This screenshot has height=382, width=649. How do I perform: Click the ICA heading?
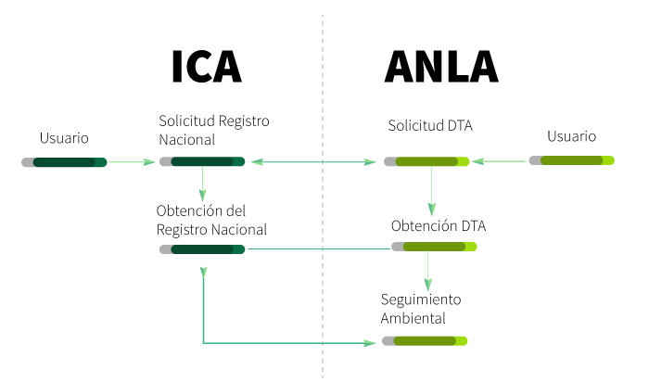pyautogui.click(x=206, y=67)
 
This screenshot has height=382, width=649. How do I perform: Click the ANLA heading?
pyautogui.click(x=441, y=67)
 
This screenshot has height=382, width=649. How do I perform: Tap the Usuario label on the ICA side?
pyautogui.click(x=64, y=138)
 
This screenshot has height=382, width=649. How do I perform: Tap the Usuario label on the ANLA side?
pyautogui.click(x=571, y=136)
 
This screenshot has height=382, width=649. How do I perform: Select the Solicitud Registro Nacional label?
pyautogui.click(x=214, y=131)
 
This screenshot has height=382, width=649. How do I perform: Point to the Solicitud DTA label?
pyautogui.click(x=430, y=125)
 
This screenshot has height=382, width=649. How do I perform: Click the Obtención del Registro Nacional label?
pyautogui.click(x=211, y=221)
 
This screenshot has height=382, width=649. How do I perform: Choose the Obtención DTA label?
pyautogui.click(x=439, y=225)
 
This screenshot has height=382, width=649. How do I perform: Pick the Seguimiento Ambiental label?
pyautogui.click(x=420, y=309)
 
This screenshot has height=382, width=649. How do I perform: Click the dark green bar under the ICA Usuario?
pyautogui.click(x=64, y=162)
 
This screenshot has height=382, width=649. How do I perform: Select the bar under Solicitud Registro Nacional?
pyautogui.click(x=202, y=161)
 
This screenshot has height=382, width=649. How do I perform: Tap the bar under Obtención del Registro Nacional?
pyautogui.click(x=202, y=248)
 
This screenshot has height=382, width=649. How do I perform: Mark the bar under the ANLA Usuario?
pyautogui.click(x=571, y=160)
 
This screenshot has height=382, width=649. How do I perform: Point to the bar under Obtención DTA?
pyautogui.click(x=434, y=247)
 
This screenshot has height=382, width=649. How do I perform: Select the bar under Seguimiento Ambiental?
pyautogui.click(x=425, y=341)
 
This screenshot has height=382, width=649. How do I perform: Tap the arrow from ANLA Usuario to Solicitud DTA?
pyautogui.click(x=500, y=162)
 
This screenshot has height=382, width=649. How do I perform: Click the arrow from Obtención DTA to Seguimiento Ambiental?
pyautogui.click(x=427, y=270)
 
